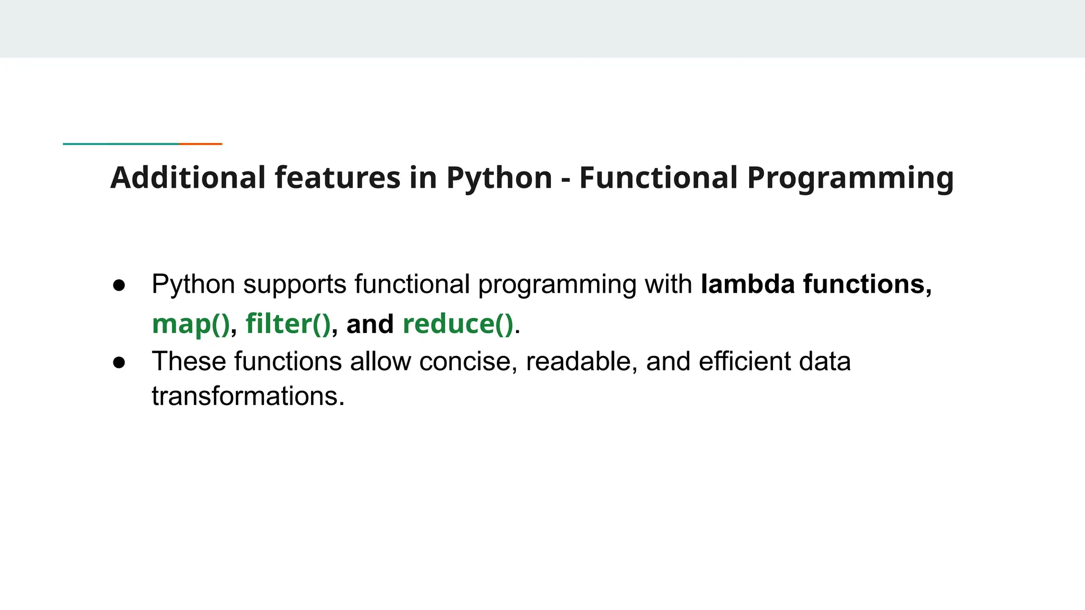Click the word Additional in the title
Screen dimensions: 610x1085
point(188,178)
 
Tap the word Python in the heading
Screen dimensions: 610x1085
point(499,178)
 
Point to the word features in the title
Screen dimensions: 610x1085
point(337,178)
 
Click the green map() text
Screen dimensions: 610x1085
point(191,324)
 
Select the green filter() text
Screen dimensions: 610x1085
point(288,324)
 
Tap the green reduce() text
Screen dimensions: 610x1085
point(458,324)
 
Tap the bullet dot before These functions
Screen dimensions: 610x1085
point(119,362)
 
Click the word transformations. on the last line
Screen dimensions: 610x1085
point(248,396)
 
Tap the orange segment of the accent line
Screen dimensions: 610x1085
point(200,143)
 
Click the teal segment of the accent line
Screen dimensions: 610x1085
point(121,143)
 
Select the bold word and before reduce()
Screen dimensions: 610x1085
point(370,324)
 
